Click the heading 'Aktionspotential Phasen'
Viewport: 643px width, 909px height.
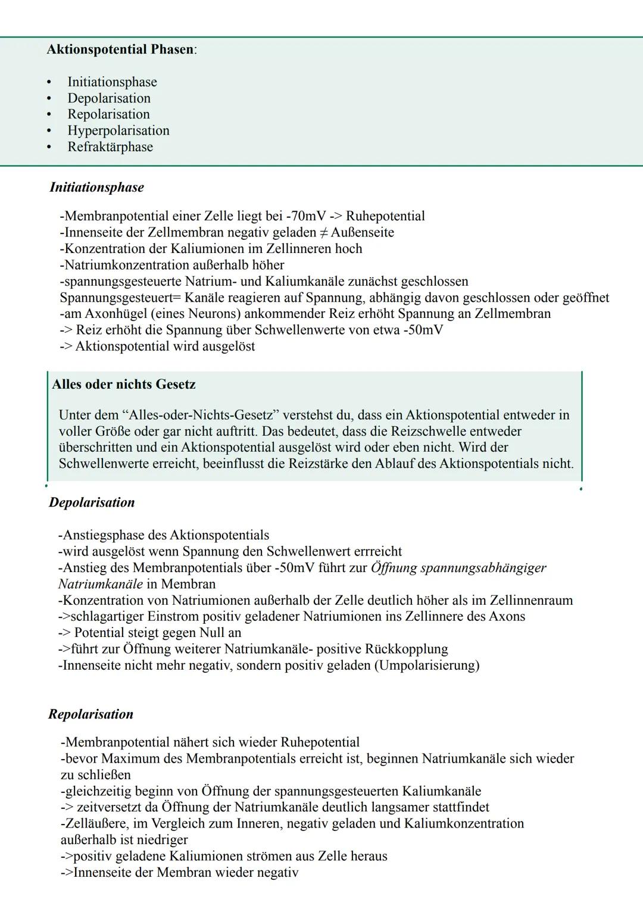coord(120,49)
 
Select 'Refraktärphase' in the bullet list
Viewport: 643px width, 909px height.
coord(110,147)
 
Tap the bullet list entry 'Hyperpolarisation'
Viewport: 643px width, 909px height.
coord(118,131)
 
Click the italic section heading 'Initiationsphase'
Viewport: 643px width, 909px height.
coord(96,188)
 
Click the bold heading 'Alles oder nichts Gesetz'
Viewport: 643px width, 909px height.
coord(124,385)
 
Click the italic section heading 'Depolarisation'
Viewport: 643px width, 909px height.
coord(92,503)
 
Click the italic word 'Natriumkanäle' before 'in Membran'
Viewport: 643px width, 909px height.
coord(101,585)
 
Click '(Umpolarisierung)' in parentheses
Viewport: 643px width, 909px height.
coord(427,666)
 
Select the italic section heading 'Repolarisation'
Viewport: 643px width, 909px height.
coord(90,714)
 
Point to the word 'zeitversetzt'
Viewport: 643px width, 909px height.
coord(108,808)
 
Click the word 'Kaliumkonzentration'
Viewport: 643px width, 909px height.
coord(464,824)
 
